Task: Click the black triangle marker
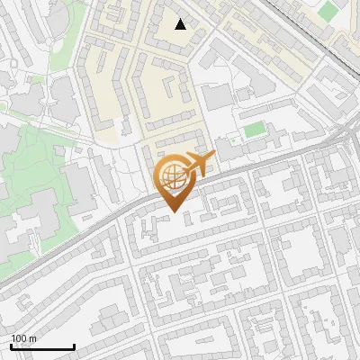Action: pos(181,24)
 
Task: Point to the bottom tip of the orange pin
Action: pos(171,211)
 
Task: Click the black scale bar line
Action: pos(42,347)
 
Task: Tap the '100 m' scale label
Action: pos(24,338)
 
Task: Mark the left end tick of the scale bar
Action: pos(12,346)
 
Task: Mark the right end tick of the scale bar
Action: pos(74,346)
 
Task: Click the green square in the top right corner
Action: pos(329,11)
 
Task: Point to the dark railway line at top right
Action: pos(315,36)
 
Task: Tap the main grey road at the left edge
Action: pos(7,286)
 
